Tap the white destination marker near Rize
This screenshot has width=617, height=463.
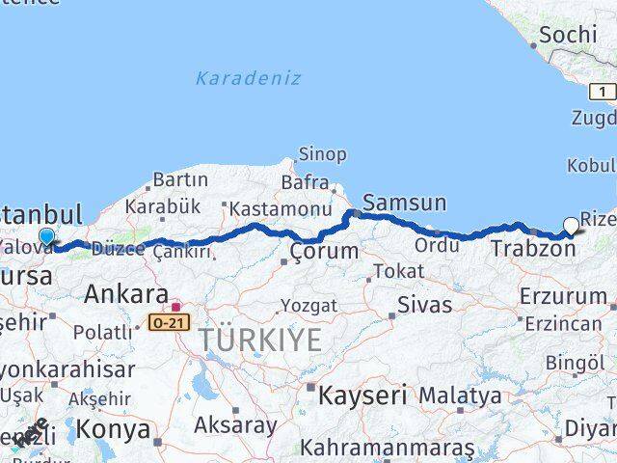click(x=571, y=227)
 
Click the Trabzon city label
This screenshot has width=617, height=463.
click(x=532, y=249)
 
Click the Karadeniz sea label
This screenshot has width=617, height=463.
click(x=248, y=78)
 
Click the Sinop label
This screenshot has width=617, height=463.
click(x=322, y=154)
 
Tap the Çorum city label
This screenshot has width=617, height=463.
click(x=324, y=252)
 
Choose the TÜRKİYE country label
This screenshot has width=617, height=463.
click(x=260, y=339)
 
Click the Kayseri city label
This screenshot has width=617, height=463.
click(x=362, y=395)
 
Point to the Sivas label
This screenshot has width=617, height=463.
click(x=424, y=306)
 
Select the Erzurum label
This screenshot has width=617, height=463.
click(x=562, y=295)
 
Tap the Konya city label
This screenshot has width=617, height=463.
click(x=113, y=428)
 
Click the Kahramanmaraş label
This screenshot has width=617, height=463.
click(x=387, y=449)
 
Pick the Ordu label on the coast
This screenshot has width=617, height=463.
click(x=437, y=246)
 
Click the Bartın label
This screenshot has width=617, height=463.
click(x=180, y=179)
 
